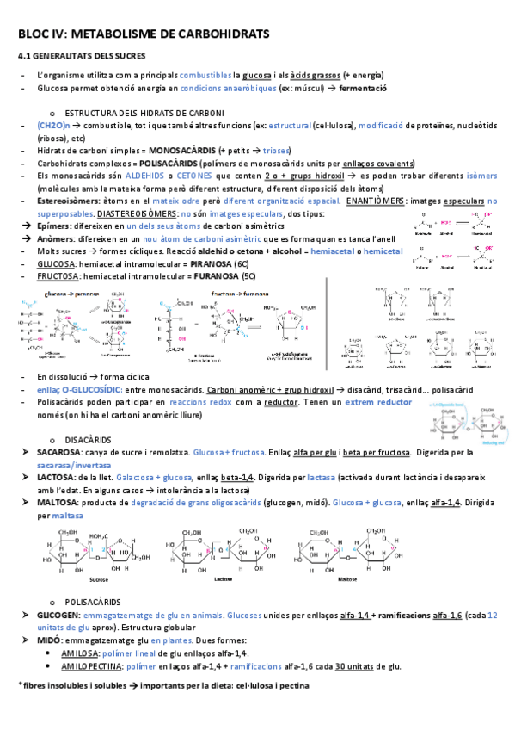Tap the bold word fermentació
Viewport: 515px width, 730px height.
click(x=363, y=89)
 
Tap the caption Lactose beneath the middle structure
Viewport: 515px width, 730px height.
click(x=221, y=579)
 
